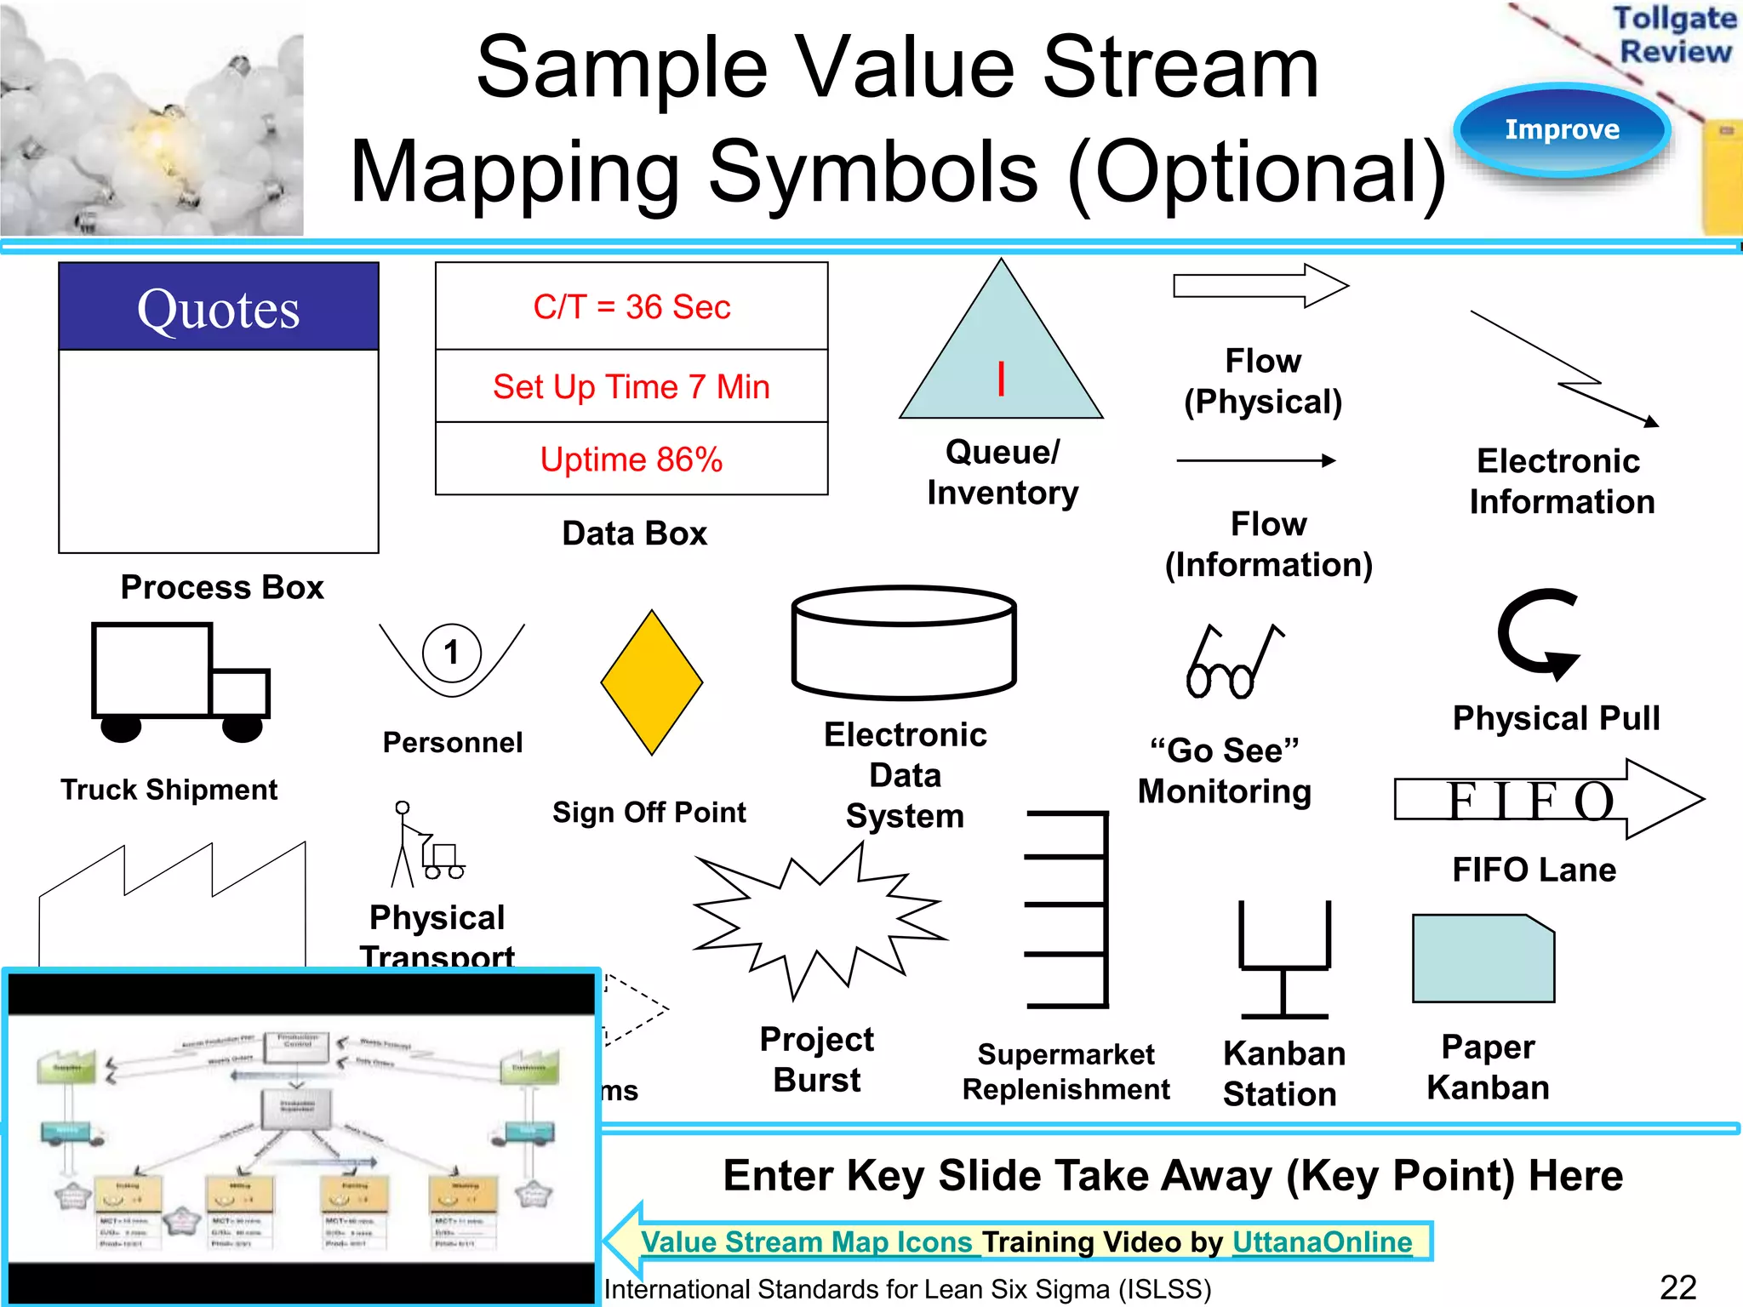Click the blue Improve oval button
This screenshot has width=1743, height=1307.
[1562, 129]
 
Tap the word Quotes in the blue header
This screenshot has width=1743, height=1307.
[218, 308]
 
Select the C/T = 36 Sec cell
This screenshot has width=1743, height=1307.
[631, 306]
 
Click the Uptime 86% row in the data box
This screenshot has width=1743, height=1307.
[631, 459]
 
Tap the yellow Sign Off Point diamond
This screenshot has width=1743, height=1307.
[652, 682]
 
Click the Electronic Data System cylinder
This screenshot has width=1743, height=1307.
[904, 642]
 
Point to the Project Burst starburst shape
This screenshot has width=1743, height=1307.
[817, 923]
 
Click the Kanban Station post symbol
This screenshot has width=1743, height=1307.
[1284, 962]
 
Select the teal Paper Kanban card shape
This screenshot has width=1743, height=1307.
[1483, 959]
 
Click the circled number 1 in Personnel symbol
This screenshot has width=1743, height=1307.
[452, 653]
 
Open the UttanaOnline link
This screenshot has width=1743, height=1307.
[1322, 1242]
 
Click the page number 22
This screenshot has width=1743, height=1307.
[1677, 1287]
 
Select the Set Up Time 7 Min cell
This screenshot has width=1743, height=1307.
[631, 386]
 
